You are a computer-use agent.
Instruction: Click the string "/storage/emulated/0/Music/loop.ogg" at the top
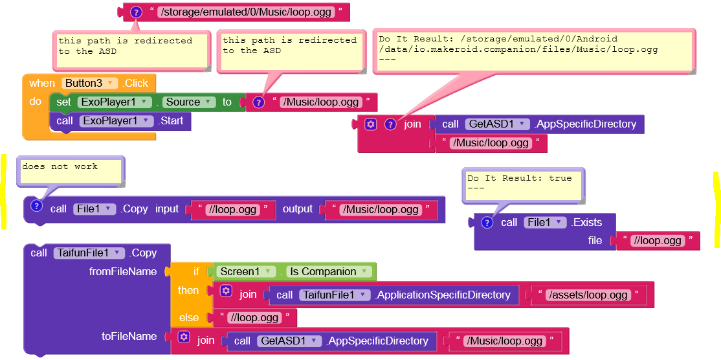pyautogui.click(x=246, y=12)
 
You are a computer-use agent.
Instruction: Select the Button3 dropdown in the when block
pyautogui.click(x=91, y=83)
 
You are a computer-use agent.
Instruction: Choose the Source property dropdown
pyautogui.click(x=189, y=102)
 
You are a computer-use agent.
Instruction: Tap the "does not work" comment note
pyautogui.click(x=71, y=171)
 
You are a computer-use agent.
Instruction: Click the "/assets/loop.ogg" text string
pyautogui.click(x=588, y=295)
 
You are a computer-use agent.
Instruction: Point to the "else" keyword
pyautogui.click(x=189, y=317)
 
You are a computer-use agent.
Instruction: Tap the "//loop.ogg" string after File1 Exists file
pyautogui.click(x=658, y=240)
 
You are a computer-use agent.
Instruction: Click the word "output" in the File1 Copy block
pyautogui.click(x=297, y=209)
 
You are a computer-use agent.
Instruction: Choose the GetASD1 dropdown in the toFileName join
pyautogui.click(x=289, y=341)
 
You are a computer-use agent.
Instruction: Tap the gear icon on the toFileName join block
pyautogui.click(x=184, y=337)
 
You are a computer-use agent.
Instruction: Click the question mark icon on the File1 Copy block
pyautogui.click(x=37, y=206)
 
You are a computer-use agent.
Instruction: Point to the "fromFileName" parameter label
pyautogui.click(x=122, y=271)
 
